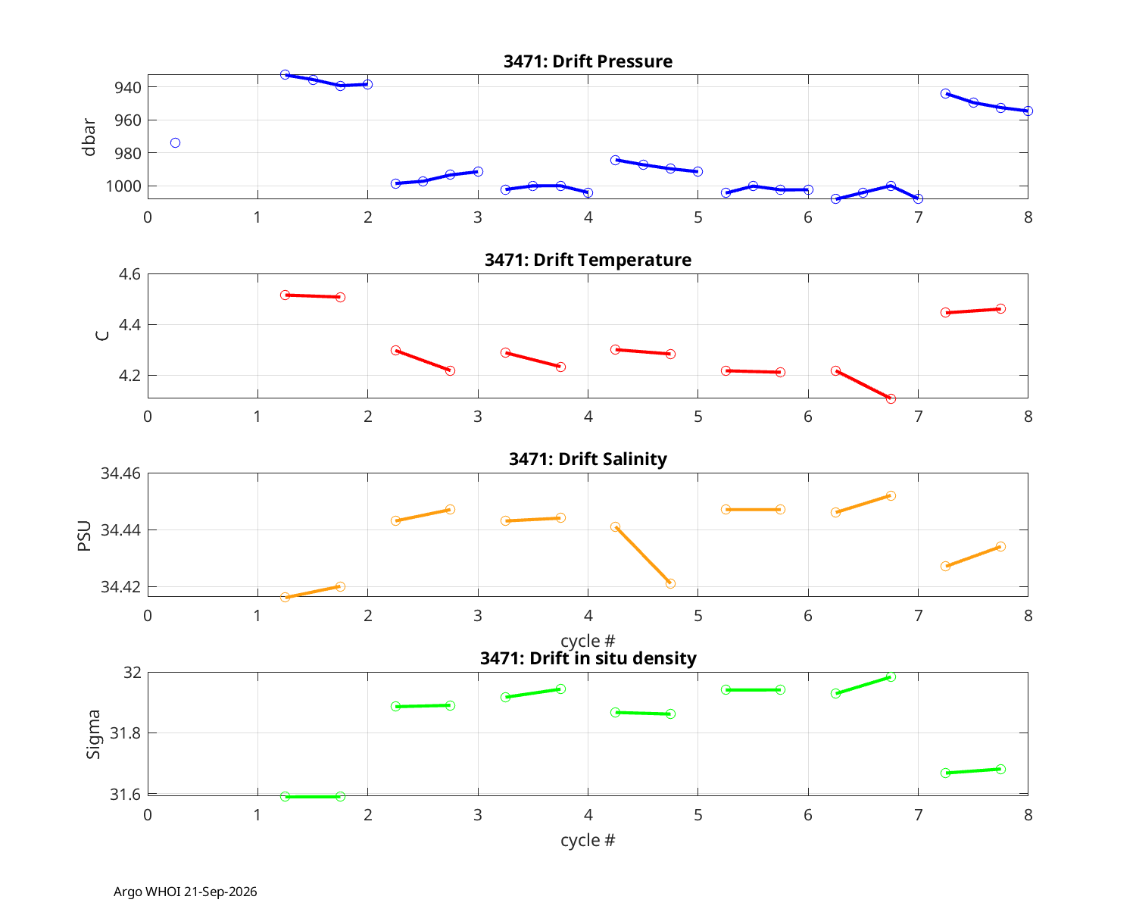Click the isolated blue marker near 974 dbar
175,142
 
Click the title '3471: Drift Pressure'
588,61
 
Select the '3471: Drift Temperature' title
588,260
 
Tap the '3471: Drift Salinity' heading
588,459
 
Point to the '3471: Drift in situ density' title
588,658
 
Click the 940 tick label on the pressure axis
128,87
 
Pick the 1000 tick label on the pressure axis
123,186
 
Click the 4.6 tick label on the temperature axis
130,274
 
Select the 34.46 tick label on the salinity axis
121,473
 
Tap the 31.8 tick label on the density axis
126,733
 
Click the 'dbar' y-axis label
89,137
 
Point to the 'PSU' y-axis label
85,536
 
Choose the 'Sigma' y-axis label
93,734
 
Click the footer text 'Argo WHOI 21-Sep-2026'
186,892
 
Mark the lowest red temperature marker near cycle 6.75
891,398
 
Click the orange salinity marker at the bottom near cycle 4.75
670,583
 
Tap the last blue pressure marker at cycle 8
1028,111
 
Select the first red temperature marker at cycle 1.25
285,295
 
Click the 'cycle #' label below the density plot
588,840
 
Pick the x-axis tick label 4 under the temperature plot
588,417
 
